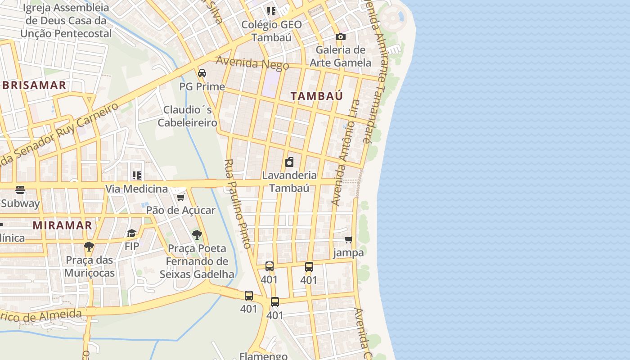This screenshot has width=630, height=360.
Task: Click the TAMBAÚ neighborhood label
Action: [316, 96]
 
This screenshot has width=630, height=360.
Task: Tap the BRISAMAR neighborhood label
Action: [34, 85]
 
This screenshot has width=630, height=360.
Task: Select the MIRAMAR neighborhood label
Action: [63, 225]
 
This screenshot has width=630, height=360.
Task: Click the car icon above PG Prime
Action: [202, 73]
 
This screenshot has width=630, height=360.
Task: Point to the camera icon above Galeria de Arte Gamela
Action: [341, 36]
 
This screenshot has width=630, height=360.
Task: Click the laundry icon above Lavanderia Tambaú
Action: [289, 162]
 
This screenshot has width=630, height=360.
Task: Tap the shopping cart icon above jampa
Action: [348, 240]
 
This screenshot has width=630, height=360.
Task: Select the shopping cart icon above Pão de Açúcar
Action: [180, 197]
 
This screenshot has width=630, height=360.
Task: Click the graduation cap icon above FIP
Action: [131, 233]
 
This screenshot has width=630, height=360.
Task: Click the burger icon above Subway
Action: [20, 190]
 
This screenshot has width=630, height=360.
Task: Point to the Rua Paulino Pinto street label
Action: [237, 203]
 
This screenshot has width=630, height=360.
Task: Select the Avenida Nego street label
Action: [252, 63]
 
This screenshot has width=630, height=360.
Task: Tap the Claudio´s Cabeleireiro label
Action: [188, 116]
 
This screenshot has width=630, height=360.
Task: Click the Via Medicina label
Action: [136, 189]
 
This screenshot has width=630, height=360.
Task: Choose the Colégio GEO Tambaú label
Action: [271, 31]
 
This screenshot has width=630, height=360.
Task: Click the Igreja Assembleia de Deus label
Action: [66, 21]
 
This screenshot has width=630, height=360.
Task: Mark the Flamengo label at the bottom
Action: [263, 356]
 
